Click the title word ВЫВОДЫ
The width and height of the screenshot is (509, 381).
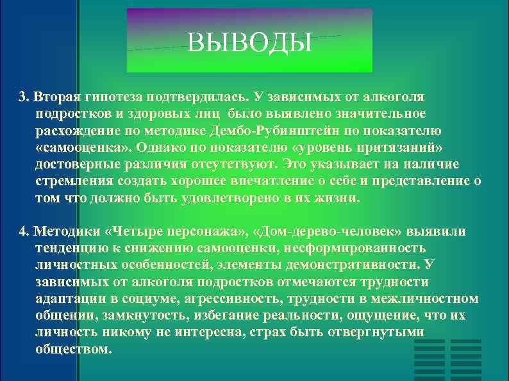(249, 44)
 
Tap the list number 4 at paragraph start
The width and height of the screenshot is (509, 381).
(23, 231)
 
